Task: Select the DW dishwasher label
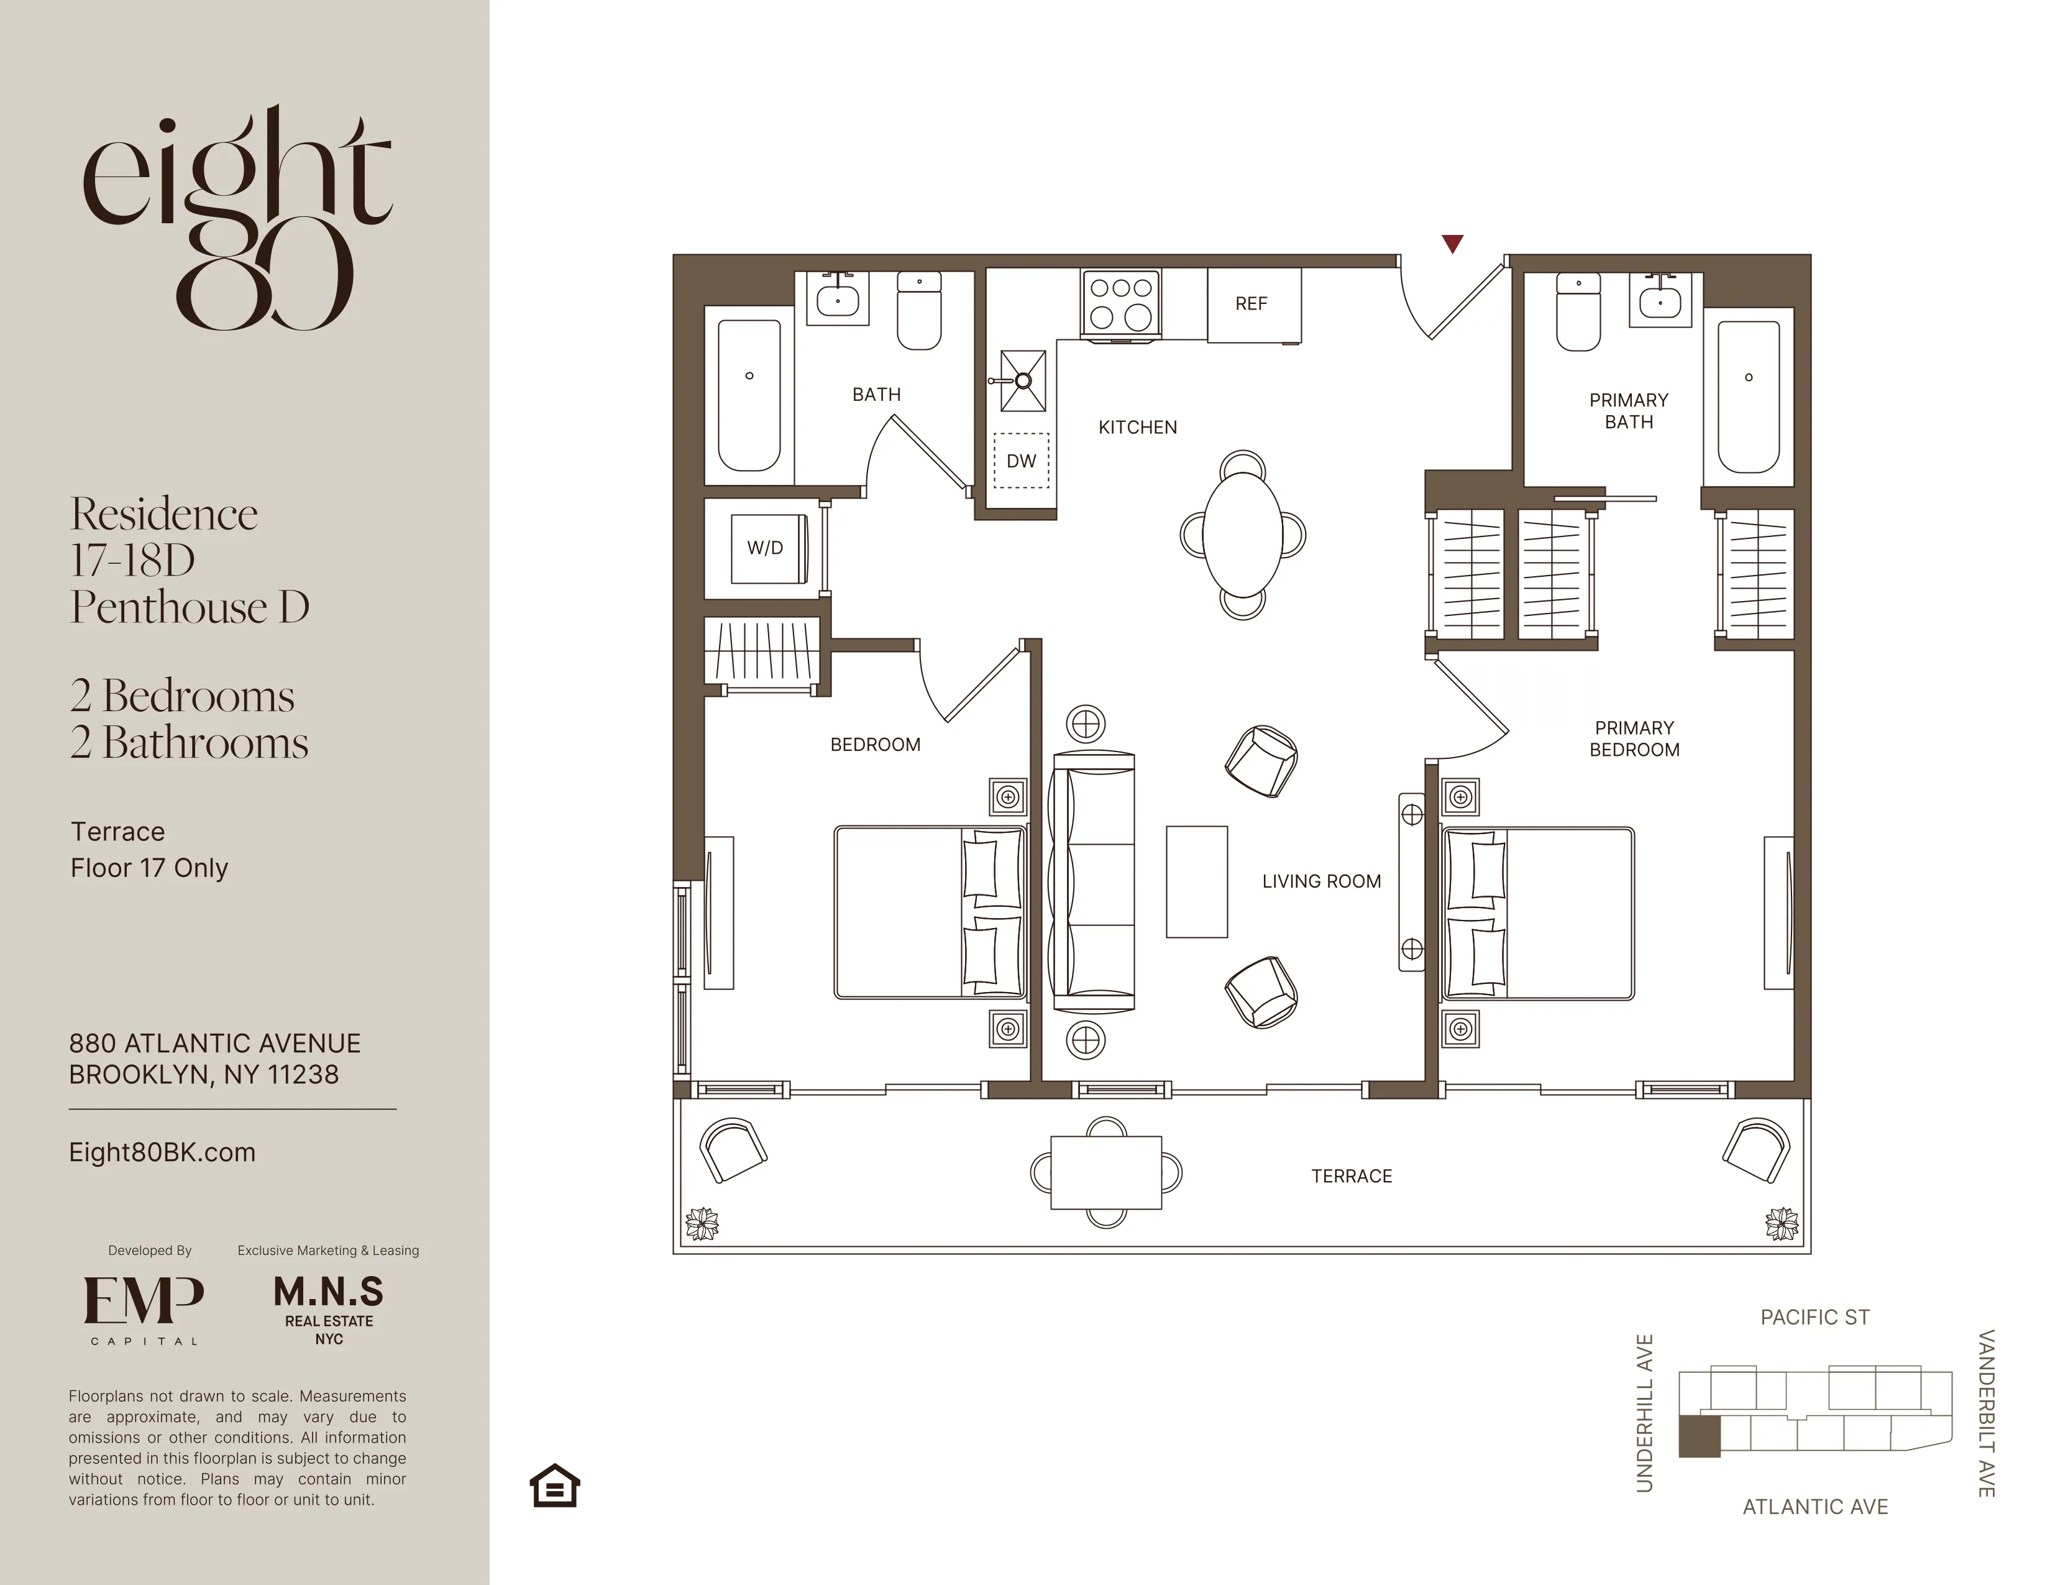(1021, 461)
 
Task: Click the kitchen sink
(1022, 381)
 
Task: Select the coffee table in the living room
(1197, 882)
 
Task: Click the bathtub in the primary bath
(1748, 397)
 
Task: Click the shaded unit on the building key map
(1699, 1436)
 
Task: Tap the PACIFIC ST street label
(1814, 1317)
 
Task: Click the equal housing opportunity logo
(555, 1486)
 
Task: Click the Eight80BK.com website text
(162, 1152)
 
